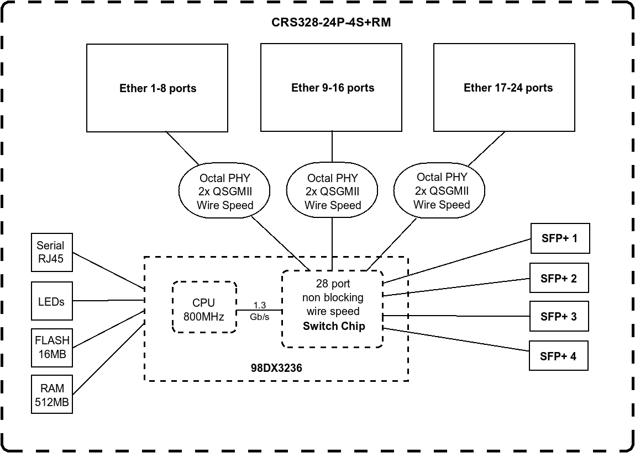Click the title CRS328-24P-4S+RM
(x=332, y=23)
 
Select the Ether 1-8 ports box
(x=158, y=88)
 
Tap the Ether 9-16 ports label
(x=333, y=88)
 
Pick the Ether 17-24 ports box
(x=507, y=88)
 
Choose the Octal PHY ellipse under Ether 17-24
(x=441, y=191)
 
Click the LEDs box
(x=51, y=301)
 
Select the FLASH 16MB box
(x=51, y=348)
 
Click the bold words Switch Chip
(x=334, y=326)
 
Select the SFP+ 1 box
(x=559, y=238)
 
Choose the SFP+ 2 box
(x=559, y=278)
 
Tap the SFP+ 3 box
(x=559, y=316)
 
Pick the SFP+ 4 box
(x=558, y=356)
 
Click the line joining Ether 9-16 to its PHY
(x=332, y=146)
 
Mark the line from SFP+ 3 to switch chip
(x=456, y=316)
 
